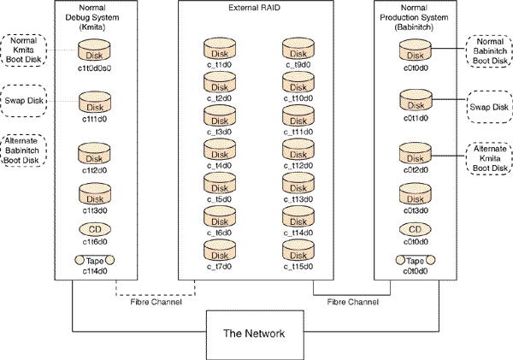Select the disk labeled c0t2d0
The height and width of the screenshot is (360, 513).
point(415,156)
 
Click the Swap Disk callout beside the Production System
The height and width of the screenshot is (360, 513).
point(488,106)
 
